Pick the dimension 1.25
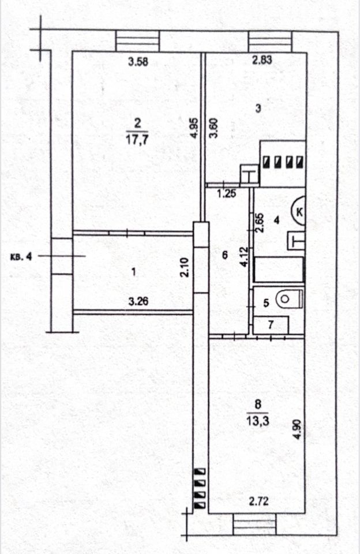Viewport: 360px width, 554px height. [x=227, y=194]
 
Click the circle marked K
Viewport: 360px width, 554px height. [x=300, y=212]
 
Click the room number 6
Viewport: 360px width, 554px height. [x=225, y=253]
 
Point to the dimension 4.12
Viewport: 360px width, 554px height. [x=245, y=257]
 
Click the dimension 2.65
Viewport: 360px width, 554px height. [x=260, y=223]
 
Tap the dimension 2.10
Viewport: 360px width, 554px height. [x=183, y=268]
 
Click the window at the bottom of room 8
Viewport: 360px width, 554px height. [x=254, y=526]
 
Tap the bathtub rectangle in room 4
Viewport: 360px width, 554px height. [x=279, y=270]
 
